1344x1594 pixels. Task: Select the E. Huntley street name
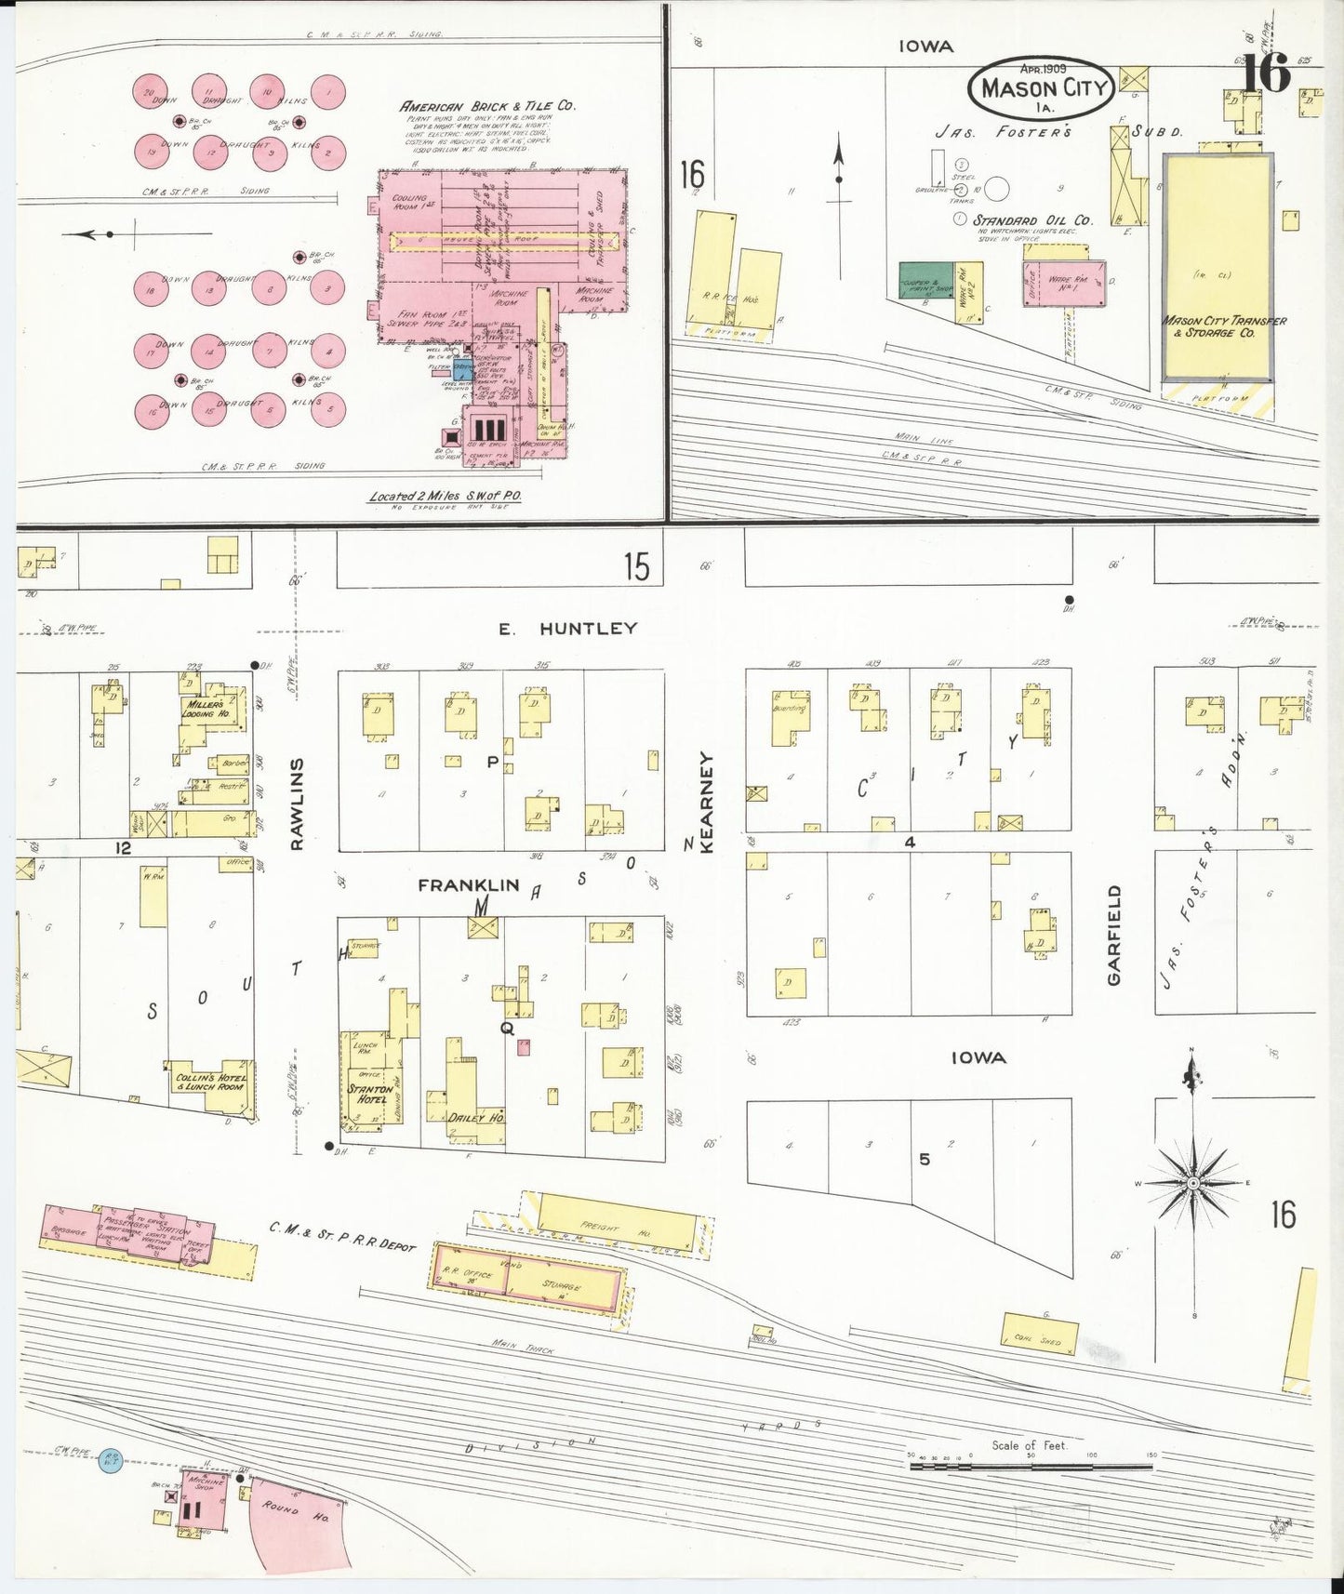pyautogui.click(x=566, y=630)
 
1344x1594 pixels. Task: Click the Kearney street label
pyautogui.click(x=706, y=804)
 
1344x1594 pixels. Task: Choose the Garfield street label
pyautogui.click(x=1115, y=935)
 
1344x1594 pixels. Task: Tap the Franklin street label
pyautogui.click(x=468, y=886)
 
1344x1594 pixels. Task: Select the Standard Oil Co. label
pyautogui.click(x=1032, y=220)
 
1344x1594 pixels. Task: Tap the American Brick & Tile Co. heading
pyautogui.click(x=487, y=106)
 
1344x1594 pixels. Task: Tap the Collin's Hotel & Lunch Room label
pyautogui.click(x=210, y=1083)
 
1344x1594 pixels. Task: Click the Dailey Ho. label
pyautogui.click(x=475, y=1117)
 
